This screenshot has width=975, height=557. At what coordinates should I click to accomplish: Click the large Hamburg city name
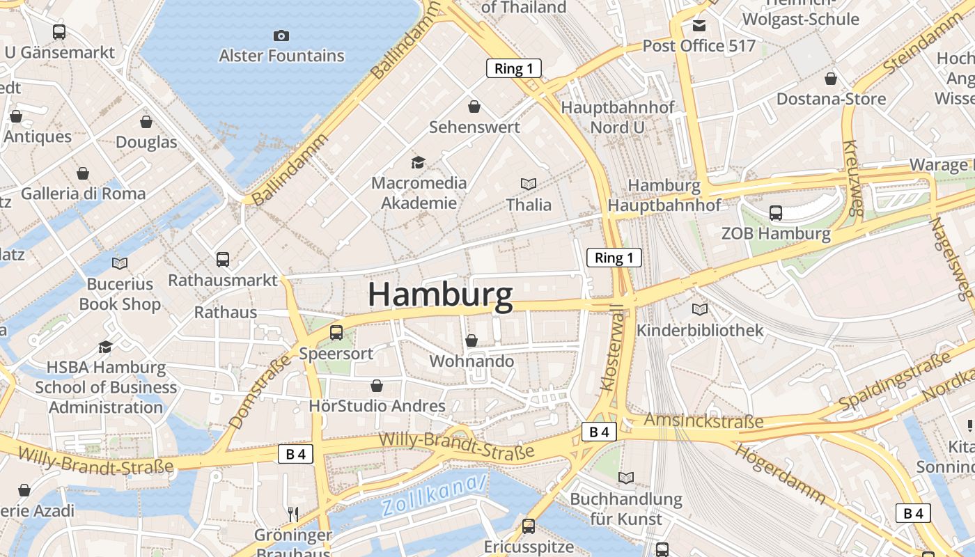[440, 295]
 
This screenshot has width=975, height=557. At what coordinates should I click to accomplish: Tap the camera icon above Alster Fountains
[281, 36]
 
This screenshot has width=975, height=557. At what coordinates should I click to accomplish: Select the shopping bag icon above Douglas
[146, 122]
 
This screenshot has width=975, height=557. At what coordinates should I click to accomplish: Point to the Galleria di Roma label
[84, 194]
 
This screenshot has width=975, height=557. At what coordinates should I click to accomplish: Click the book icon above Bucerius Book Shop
[120, 263]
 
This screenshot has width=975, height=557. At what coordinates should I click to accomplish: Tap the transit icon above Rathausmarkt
[223, 260]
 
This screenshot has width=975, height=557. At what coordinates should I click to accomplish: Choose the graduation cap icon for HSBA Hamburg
[106, 347]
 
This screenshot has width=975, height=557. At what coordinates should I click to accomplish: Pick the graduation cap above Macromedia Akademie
[418, 162]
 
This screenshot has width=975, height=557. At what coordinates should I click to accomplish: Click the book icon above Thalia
[529, 184]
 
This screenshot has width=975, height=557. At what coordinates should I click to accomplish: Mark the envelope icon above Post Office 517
[699, 26]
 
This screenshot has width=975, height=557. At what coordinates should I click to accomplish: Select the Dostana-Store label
[831, 99]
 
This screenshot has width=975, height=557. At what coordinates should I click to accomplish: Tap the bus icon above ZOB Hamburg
[776, 213]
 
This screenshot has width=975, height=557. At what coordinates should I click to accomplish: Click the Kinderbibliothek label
[700, 330]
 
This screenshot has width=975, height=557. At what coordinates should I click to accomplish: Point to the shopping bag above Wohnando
[471, 340]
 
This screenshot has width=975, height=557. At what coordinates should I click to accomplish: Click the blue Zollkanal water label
[434, 495]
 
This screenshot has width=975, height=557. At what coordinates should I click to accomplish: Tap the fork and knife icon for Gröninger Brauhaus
[293, 515]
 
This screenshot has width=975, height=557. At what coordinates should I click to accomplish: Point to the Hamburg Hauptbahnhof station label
[664, 195]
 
